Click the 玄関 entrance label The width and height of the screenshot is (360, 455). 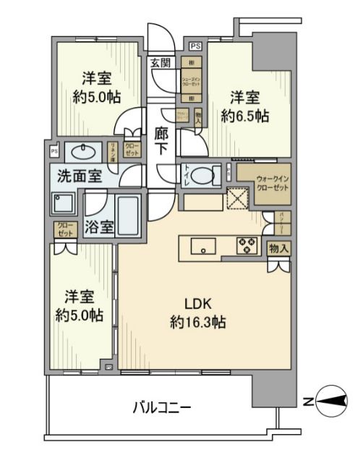click(160, 64)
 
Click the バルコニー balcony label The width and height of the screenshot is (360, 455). click(161, 409)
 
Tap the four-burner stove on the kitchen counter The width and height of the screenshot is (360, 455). click(247, 247)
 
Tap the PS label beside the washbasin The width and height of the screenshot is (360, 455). click(53, 151)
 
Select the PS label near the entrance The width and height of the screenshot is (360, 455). click(196, 46)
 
